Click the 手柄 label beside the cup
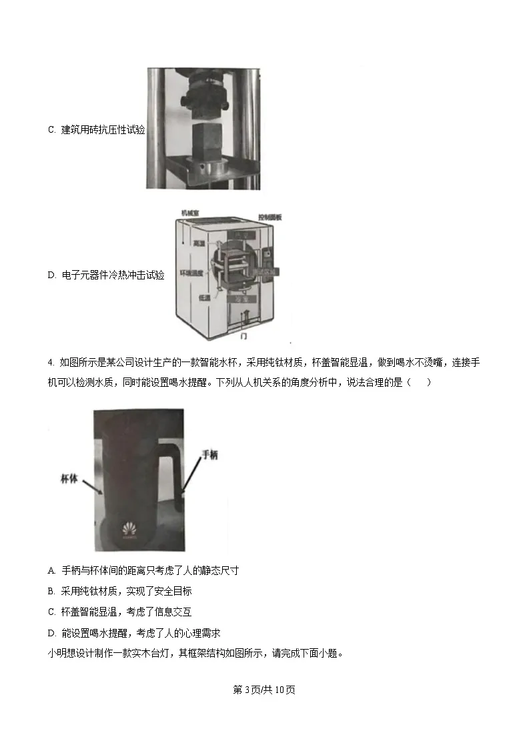coord(209,454)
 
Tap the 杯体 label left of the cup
coord(69,478)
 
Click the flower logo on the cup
coord(129,529)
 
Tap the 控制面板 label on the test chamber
coord(271,217)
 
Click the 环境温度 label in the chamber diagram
coord(191,273)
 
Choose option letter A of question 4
coord(51,570)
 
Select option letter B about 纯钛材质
coord(51,591)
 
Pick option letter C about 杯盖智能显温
coord(51,612)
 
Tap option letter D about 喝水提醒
coord(51,632)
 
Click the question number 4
coord(51,363)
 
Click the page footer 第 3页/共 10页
coord(264,689)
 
